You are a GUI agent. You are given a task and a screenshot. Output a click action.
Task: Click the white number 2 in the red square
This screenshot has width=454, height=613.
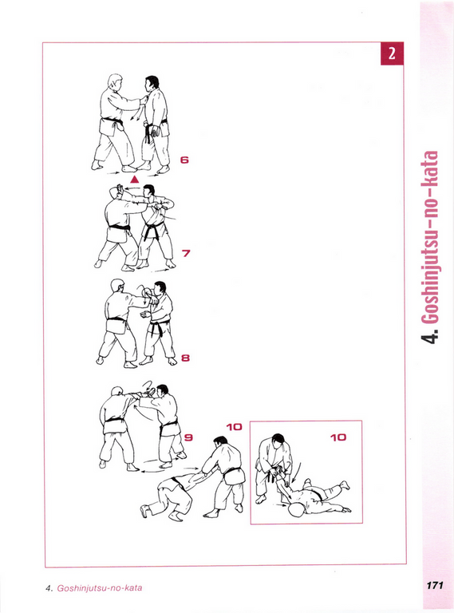point(392,53)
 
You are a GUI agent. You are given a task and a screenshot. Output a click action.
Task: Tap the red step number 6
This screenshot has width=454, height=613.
point(184,160)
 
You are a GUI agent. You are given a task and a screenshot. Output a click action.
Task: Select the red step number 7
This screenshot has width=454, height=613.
point(186,253)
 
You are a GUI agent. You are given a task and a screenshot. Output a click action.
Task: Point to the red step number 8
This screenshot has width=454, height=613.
point(186,358)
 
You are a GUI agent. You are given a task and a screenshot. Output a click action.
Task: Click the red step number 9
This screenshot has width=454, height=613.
point(189,437)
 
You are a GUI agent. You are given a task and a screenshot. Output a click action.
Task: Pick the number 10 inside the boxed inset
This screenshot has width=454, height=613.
point(338,437)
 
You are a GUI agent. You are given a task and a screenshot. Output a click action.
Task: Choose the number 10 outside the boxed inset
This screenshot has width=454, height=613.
point(235,427)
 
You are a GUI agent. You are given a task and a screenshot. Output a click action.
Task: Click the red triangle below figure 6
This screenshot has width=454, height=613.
point(134,179)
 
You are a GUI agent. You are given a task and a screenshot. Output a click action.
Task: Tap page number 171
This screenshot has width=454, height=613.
point(435,585)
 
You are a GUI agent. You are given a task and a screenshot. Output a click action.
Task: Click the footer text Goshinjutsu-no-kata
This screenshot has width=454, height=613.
point(100,588)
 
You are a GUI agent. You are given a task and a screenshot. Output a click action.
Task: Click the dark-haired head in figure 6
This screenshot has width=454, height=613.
point(152,83)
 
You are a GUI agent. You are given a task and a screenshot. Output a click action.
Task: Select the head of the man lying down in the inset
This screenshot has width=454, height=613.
point(296,509)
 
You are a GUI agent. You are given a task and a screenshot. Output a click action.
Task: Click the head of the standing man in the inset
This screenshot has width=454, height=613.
point(278,441)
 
